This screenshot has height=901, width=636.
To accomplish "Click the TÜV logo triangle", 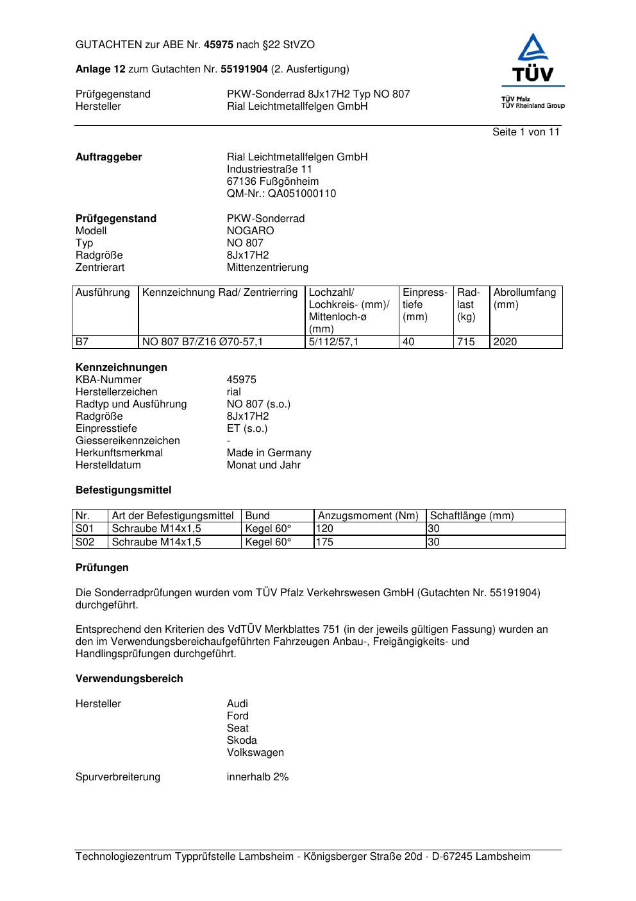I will [x=533, y=48].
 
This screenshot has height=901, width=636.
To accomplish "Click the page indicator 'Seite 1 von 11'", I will [x=526, y=132].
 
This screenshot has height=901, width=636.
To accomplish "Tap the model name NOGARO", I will [x=250, y=231].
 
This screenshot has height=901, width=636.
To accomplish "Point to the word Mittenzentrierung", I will [x=267, y=268].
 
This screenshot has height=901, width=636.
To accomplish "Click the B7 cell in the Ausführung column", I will [x=82, y=342].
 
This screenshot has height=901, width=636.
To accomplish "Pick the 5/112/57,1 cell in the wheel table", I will [x=333, y=342].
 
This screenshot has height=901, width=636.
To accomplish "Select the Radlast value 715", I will [x=466, y=342].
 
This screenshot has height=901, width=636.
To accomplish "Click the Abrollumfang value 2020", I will [x=505, y=342].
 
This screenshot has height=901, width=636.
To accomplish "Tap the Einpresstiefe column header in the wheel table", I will [x=425, y=305].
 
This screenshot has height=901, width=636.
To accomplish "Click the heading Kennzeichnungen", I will [x=121, y=368].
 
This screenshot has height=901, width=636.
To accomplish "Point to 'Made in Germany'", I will [x=269, y=453].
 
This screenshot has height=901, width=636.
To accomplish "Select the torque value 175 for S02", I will [x=325, y=542].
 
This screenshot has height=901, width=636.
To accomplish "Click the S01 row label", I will [x=85, y=529].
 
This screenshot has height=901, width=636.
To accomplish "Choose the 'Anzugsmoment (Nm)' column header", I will [x=368, y=516].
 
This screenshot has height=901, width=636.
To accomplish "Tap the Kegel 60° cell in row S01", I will [x=268, y=529].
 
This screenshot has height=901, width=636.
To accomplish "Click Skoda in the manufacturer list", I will [x=242, y=741].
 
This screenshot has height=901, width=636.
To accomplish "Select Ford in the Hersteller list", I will [x=237, y=716].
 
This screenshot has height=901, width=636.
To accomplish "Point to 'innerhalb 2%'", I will [x=258, y=777].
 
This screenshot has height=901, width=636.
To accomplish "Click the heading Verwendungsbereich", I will [x=129, y=679].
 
